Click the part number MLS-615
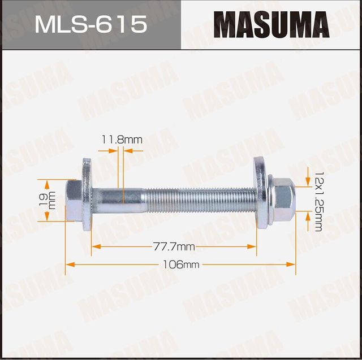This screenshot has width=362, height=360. (91, 24)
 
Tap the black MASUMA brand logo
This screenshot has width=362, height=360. (271, 25)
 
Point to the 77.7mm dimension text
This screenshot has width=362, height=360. (174, 246)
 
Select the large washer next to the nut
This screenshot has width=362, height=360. (262, 192)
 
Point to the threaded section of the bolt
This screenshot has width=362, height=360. (198, 198)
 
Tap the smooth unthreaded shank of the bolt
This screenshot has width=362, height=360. (119, 198)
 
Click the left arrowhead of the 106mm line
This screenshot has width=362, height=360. (69, 264)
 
